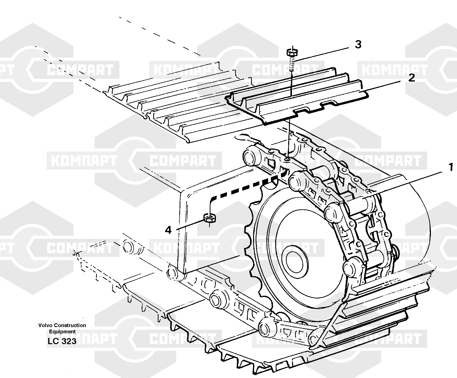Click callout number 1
tap(451, 167)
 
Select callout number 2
tap(412, 78)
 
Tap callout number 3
tap(358, 45)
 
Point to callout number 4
tap(168, 230)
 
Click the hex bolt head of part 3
tap(292, 53)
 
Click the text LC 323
tap(62, 341)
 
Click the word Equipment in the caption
tap(62, 331)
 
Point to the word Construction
tap(70, 325)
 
